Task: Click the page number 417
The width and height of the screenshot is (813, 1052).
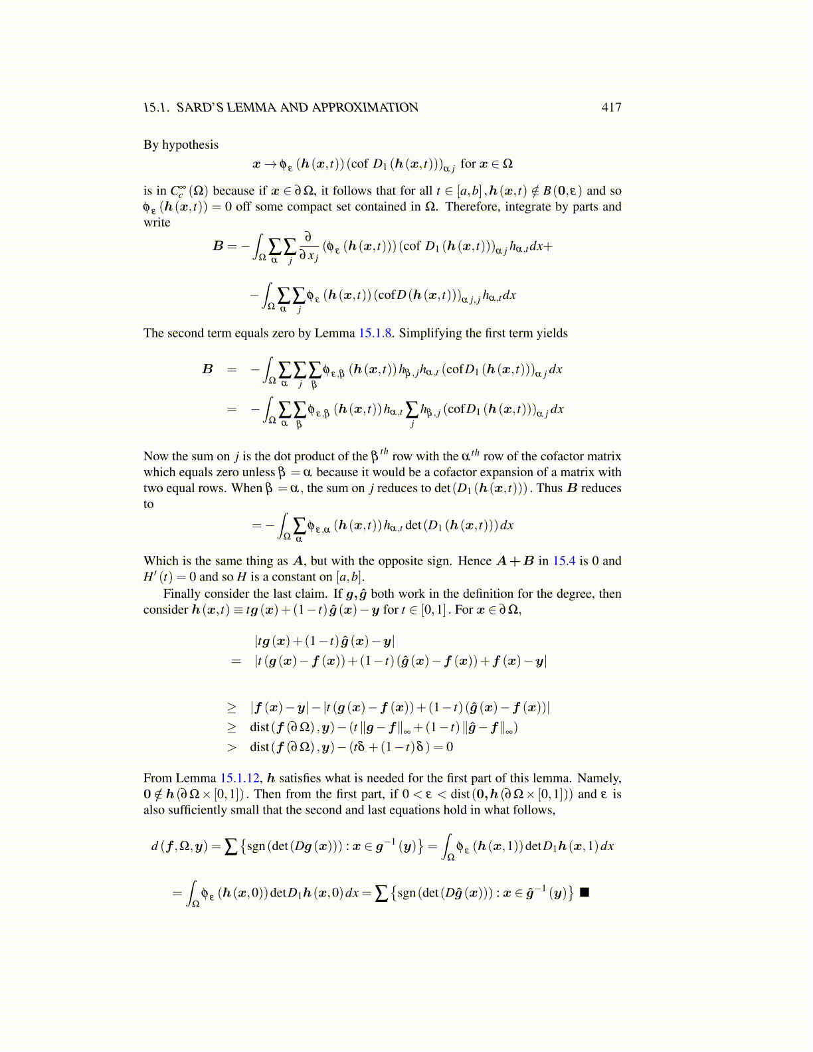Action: tap(611, 108)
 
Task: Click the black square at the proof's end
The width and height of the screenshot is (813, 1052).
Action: tap(585, 892)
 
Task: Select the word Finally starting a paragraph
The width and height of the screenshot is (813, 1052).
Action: tap(181, 594)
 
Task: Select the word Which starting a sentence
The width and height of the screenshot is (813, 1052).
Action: tap(161, 561)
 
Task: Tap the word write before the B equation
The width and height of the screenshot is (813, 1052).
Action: tap(157, 222)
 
